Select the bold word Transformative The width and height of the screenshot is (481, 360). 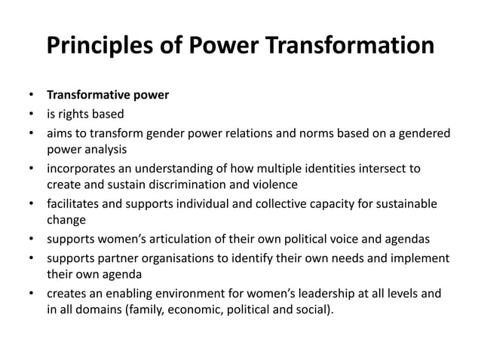(92, 96)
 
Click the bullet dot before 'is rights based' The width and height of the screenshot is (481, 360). (31, 114)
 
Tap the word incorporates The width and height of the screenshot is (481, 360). (82, 168)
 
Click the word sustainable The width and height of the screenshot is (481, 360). (407, 203)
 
